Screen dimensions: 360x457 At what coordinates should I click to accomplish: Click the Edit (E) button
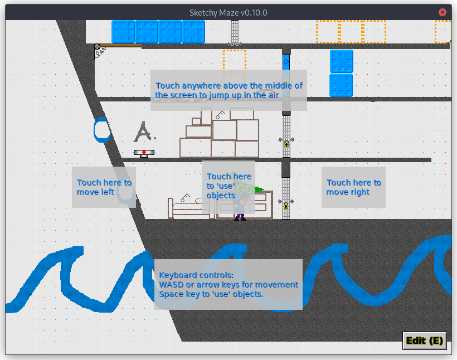[425, 340]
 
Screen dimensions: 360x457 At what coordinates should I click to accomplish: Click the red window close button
[443, 12]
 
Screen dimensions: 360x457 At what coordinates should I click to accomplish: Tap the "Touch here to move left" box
[104, 187]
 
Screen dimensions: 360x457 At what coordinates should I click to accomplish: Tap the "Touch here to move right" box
[353, 187]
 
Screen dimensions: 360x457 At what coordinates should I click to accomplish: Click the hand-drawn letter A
[144, 132]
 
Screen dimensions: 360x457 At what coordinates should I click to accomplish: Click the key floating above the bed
[184, 196]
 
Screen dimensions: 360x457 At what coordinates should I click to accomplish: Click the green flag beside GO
[258, 189]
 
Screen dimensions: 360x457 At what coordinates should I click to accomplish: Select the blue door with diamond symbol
[286, 62]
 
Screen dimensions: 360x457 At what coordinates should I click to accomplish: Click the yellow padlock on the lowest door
[286, 206]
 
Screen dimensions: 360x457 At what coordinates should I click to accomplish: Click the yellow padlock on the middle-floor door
[286, 144]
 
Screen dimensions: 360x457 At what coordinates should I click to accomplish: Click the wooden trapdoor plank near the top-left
[120, 46]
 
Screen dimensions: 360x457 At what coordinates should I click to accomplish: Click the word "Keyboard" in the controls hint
[178, 275]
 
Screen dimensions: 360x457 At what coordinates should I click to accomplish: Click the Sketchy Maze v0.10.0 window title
[229, 12]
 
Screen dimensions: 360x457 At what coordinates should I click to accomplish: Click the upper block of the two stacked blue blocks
[341, 61]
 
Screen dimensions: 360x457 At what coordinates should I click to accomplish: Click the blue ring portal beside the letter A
[102, 129]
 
